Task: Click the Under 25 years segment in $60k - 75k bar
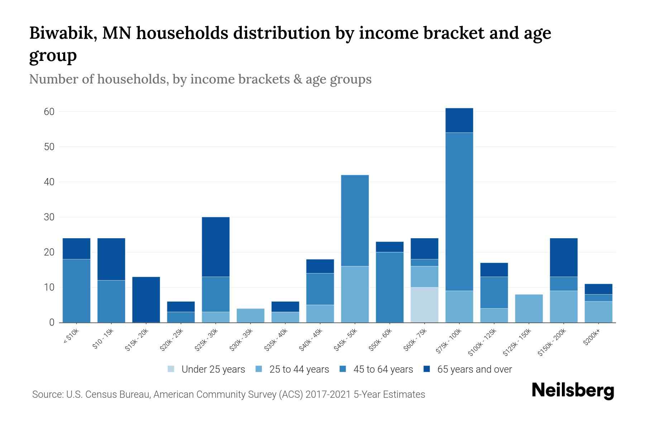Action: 424,305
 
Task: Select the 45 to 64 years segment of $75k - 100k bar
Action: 459,211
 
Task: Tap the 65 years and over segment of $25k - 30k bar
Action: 216,247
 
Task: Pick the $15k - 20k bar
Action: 146,299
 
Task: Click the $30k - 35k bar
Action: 250,315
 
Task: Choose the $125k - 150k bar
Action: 529,308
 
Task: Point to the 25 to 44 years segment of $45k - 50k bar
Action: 355,294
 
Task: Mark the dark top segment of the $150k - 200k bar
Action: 563,257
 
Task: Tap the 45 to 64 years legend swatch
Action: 343,369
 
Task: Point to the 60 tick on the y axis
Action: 49,112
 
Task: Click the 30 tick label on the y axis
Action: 49,217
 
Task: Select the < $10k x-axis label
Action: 71,336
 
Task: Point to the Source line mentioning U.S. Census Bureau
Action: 228,395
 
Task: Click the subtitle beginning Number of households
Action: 200,79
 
